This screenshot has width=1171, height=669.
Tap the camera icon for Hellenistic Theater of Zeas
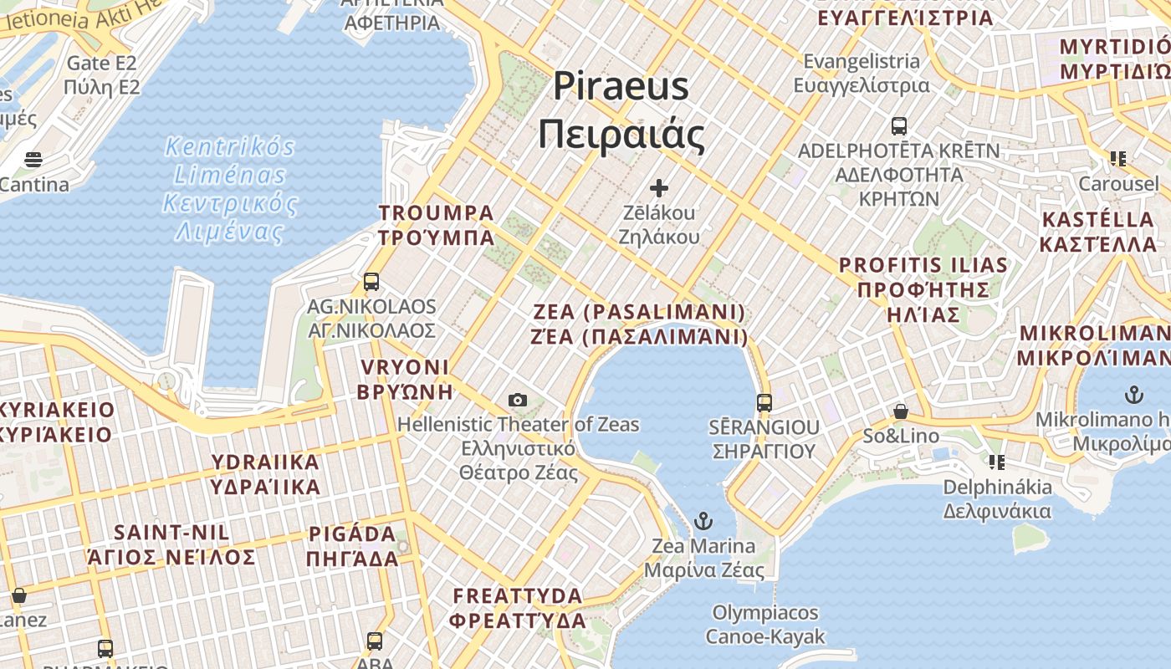point(518,400)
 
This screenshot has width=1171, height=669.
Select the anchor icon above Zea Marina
point(703,521)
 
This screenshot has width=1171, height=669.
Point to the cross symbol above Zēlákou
point(659,188)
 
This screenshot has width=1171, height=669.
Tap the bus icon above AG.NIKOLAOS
point(371,282)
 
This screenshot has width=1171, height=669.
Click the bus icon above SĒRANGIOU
point(764,402)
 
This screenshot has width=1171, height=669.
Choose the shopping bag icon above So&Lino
point(901,411)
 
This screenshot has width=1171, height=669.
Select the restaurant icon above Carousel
point(1118,158)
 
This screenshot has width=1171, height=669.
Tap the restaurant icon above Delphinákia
point(996,462)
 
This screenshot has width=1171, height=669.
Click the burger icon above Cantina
point(33,159)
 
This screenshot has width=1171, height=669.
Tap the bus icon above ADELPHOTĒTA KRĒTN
point(899,126)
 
